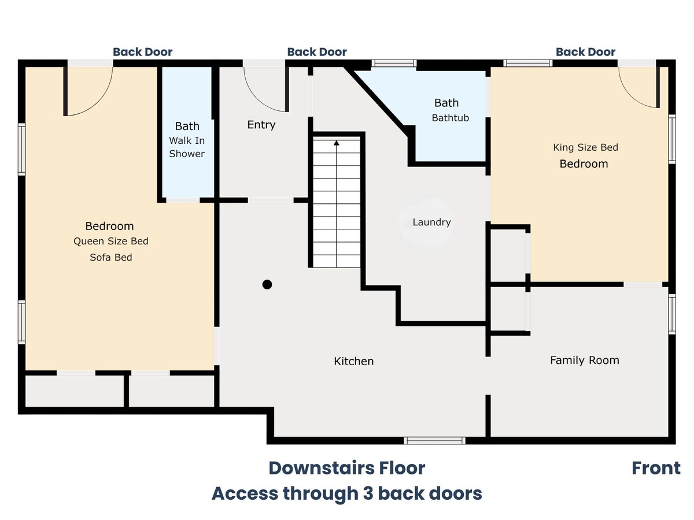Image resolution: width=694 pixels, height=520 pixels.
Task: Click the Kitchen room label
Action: pos(353,361)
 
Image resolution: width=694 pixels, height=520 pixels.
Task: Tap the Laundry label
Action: pos(431,222)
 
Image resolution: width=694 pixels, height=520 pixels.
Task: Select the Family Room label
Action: pos(585,360)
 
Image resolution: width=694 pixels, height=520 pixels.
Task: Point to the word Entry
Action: pos(261,125)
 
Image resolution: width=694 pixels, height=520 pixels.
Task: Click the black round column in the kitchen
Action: pos(267,284)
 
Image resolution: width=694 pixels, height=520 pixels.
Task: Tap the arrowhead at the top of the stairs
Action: pos(337,143)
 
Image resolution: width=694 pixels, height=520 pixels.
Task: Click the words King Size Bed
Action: pos(585,147)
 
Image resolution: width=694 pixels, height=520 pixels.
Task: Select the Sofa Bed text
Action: pos(111,257)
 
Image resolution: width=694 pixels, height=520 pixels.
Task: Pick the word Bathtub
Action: pos(450,118)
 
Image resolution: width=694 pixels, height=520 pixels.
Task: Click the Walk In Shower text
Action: pos(187,147)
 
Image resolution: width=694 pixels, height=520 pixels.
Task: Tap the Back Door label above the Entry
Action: pos(317,52)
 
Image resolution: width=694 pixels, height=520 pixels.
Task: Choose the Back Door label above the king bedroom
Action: pos(585,52)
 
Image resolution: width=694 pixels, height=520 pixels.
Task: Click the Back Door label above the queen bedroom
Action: pos(143,52)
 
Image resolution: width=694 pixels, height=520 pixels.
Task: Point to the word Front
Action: pos(656,468)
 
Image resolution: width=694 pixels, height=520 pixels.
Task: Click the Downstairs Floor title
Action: pos(347,468)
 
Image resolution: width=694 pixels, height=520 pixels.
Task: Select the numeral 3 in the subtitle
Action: pos(368,493)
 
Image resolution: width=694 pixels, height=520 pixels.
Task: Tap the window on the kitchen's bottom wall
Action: pos(434,441)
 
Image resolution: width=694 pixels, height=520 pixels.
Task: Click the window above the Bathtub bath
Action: pos(394,63)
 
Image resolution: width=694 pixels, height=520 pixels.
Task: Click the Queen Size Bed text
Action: pos(111,241)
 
